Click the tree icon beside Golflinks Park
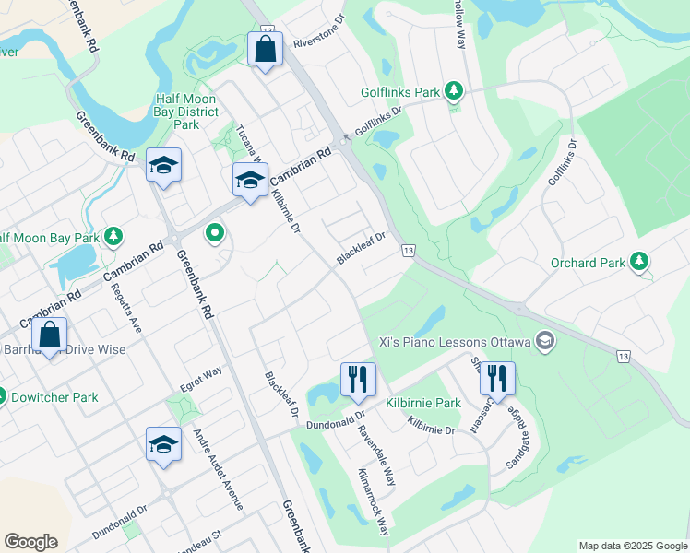[453, 91]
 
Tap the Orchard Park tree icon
[639, 263]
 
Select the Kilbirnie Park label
[423, 403]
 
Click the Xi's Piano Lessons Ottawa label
[455, 342]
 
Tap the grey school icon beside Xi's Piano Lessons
[545, 342]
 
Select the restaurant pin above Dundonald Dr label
[357, 378]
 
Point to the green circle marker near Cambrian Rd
[215, 232]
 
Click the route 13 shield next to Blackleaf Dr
[409, 251]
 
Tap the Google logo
[30, 542]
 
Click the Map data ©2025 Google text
[633, 546]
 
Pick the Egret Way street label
[201, 379]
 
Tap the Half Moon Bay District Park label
[186, 112]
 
